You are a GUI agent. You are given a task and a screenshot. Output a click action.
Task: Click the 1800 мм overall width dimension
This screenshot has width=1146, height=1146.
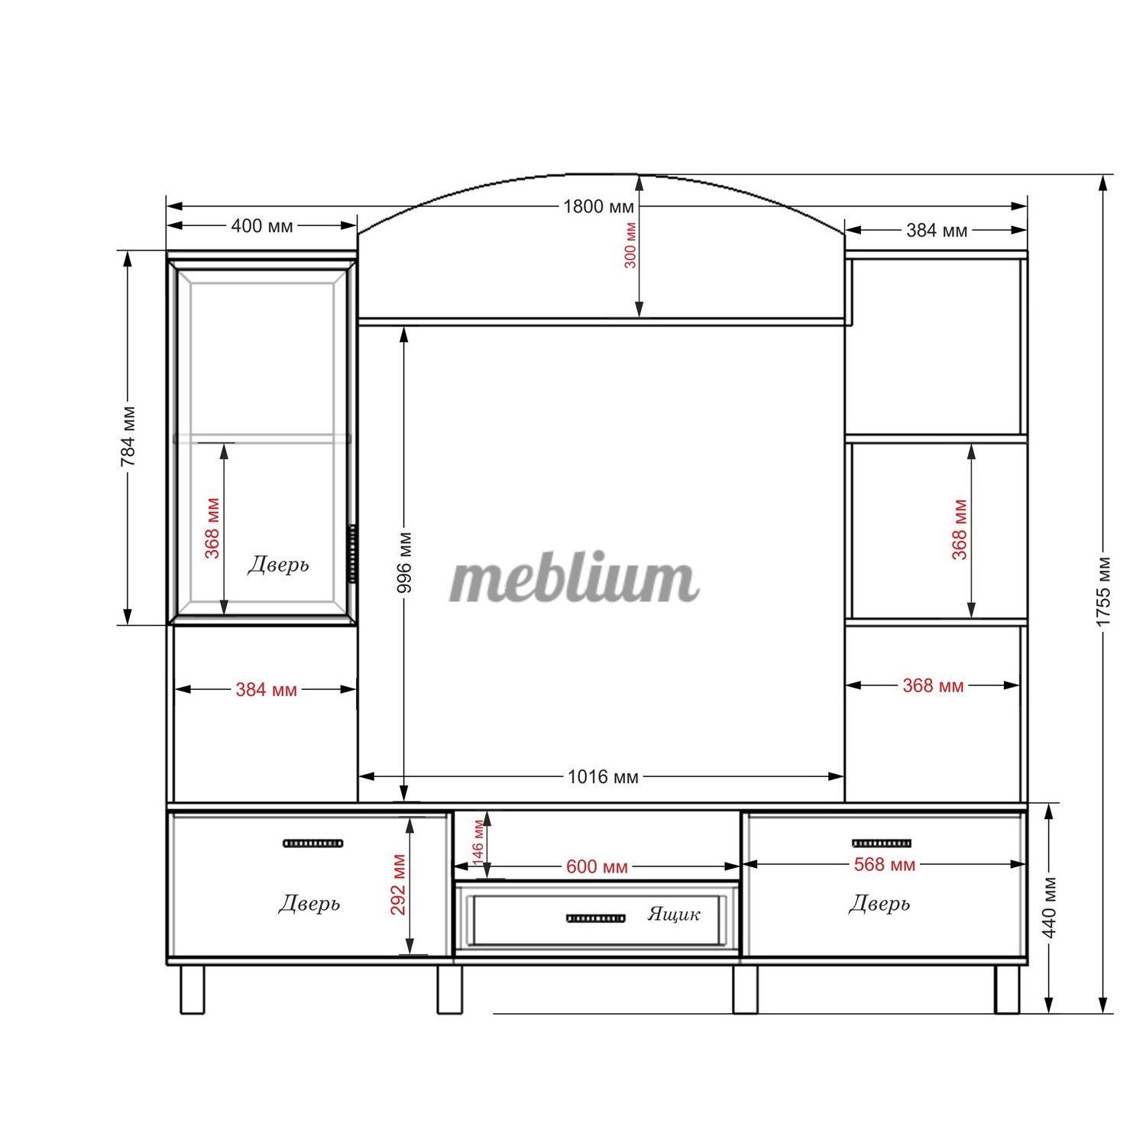coord(598,206)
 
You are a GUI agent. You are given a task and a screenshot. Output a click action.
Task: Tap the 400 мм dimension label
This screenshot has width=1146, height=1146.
coord(261,226)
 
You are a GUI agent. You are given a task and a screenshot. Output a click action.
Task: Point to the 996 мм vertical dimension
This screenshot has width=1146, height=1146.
coord(404,562)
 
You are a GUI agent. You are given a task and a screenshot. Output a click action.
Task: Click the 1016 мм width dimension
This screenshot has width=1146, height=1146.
coord(603,777)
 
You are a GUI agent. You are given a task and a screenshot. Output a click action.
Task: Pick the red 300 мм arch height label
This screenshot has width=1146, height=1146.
coord(630,245)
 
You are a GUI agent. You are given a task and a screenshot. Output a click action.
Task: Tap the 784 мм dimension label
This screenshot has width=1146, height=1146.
coord(128,436)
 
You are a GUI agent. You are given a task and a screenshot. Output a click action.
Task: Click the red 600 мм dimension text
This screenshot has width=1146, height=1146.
coord(597,867)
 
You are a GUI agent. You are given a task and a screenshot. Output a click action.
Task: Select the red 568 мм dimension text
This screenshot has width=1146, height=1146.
coord(884,864)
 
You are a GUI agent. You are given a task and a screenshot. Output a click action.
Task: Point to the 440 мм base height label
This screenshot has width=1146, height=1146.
coord(1049,908)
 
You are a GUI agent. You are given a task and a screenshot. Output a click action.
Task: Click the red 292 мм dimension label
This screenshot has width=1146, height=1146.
coord(398,885)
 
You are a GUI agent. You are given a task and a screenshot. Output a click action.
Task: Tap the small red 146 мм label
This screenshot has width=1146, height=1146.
coord(478,842)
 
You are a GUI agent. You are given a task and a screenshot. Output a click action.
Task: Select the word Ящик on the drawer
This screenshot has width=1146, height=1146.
coord(673,914)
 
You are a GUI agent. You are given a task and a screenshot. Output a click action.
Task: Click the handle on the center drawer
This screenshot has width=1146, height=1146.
coord(596,918)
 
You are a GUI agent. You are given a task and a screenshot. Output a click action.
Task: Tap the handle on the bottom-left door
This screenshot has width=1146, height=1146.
coord(313,843)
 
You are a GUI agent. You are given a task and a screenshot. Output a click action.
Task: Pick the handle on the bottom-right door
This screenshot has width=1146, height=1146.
coord(882,843)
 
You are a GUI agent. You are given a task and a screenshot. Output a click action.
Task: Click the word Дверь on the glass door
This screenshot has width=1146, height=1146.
coord(278,565)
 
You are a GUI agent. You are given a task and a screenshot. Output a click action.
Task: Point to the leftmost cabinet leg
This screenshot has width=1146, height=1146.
coord(193,989)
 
